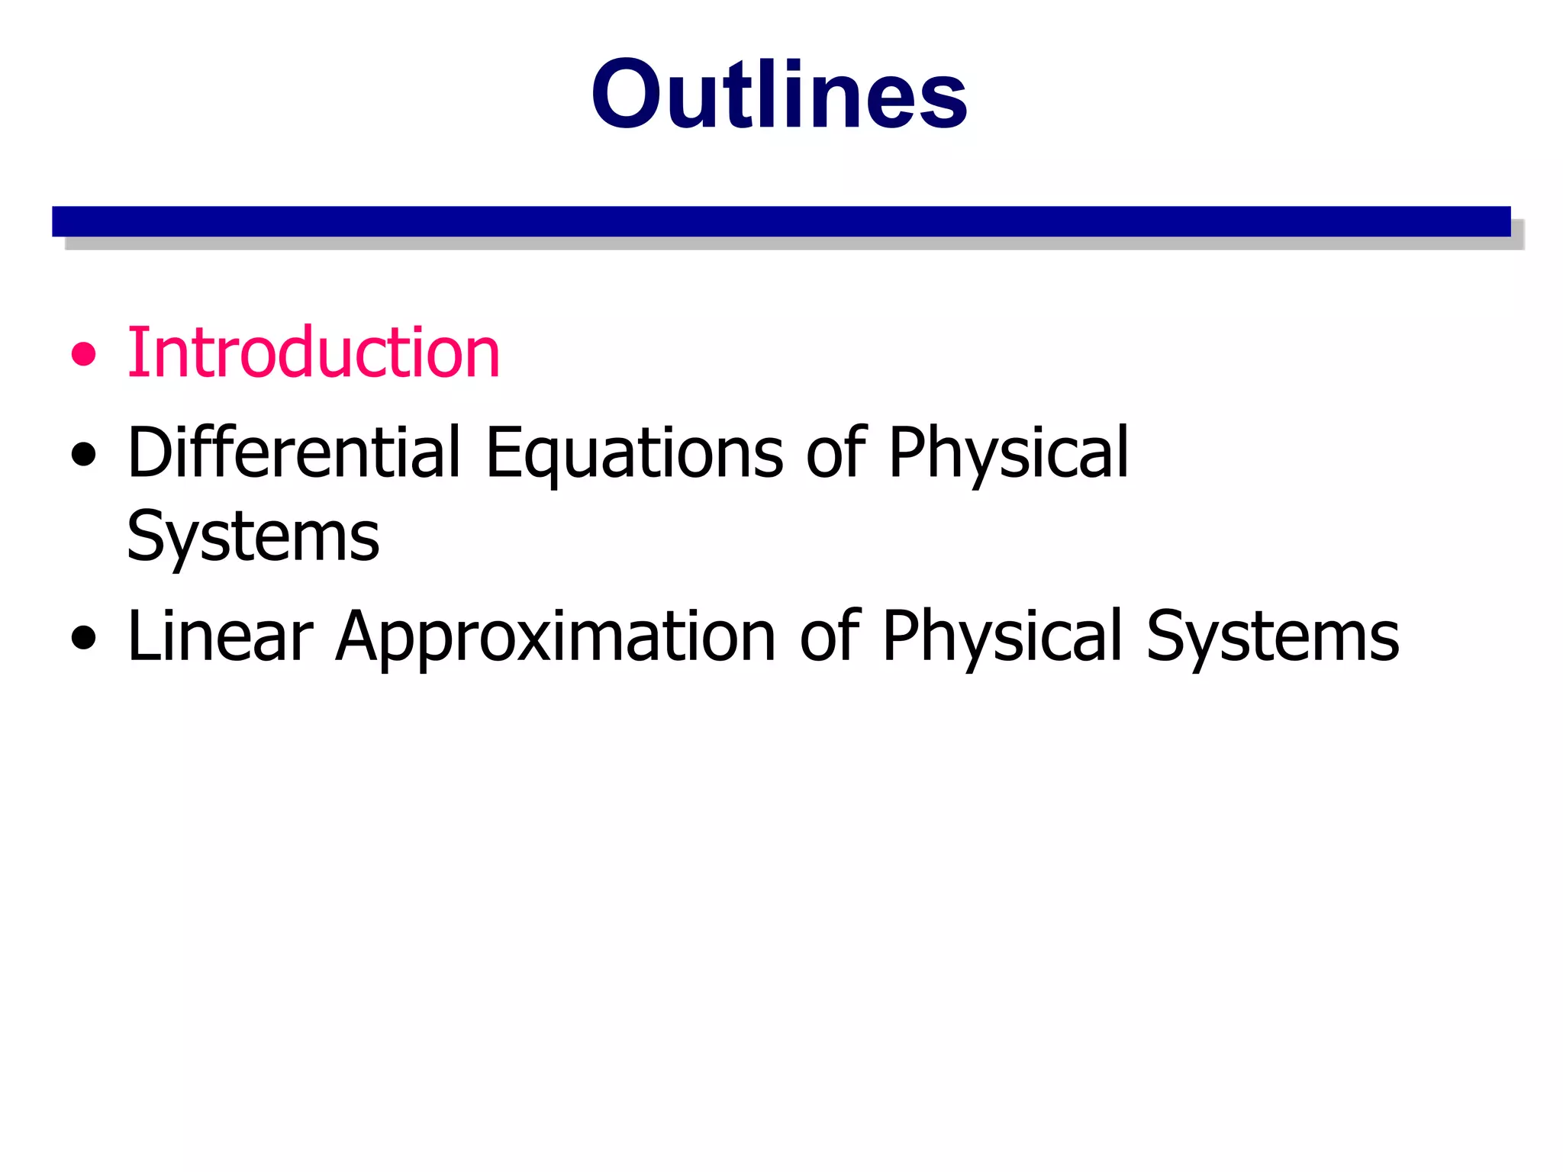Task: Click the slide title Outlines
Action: pyautogui.click(x=779, y=95)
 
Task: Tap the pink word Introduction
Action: pyautogui.click(x=313, y=353)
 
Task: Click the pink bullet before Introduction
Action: pyautogui.click(x=84, y=354)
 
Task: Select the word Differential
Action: pyautogui.click(x=294, y=452)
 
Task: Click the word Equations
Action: pyautogui.click(x=634, y=454)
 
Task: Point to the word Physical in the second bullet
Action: pyautogui.click(x=1008, y=454)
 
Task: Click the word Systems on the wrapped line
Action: pyautogui.click(x=253, y=537)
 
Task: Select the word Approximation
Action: pyautogui.click(x=556, y=638)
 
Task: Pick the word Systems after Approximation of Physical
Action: pyautogui.click(x=1272, y=638)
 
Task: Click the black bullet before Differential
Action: pyautogui.click(x=84, y=455)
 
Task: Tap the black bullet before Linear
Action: pyautogui.click(x=84, y=638)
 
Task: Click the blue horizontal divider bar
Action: pyautogui.click(x=781, y=221)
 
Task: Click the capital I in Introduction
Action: pyautogui.click(x=136, y=353)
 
